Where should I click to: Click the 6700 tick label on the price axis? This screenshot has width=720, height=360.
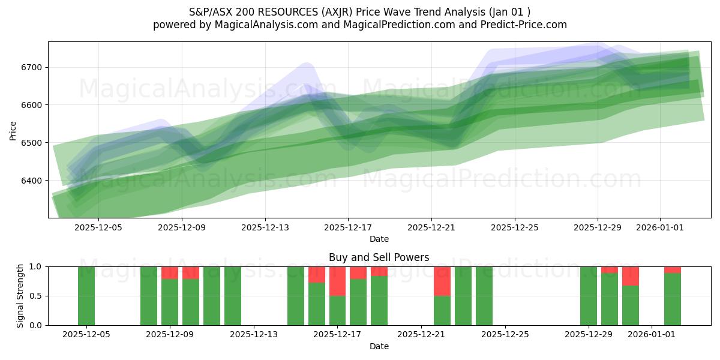pos(32,67)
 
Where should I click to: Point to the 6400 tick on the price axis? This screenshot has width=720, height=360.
pos(32,181)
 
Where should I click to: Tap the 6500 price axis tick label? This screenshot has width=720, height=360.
pos(32,143)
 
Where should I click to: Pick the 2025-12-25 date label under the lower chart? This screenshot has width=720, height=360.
pos(505,334)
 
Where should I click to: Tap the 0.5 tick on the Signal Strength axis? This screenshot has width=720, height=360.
pos(36,296)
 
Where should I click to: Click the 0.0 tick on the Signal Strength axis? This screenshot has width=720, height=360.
pos(36,325)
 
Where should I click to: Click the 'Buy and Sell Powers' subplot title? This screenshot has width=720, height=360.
pos(379,257)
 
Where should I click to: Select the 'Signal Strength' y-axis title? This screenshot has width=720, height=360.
pos(20,295)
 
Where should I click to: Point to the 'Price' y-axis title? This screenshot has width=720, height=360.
pos(13,130)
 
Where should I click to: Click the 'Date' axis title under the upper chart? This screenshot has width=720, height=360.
pos(379,239)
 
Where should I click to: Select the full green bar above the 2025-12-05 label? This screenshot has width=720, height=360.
pos(86,296)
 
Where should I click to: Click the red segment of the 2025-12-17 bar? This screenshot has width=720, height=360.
pos(337,281)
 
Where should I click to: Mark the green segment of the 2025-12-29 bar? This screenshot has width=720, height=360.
pos(589,296)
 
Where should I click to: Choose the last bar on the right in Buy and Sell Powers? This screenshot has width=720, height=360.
pos(673,299)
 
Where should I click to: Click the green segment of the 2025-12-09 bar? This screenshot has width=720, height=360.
pos(170,302)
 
